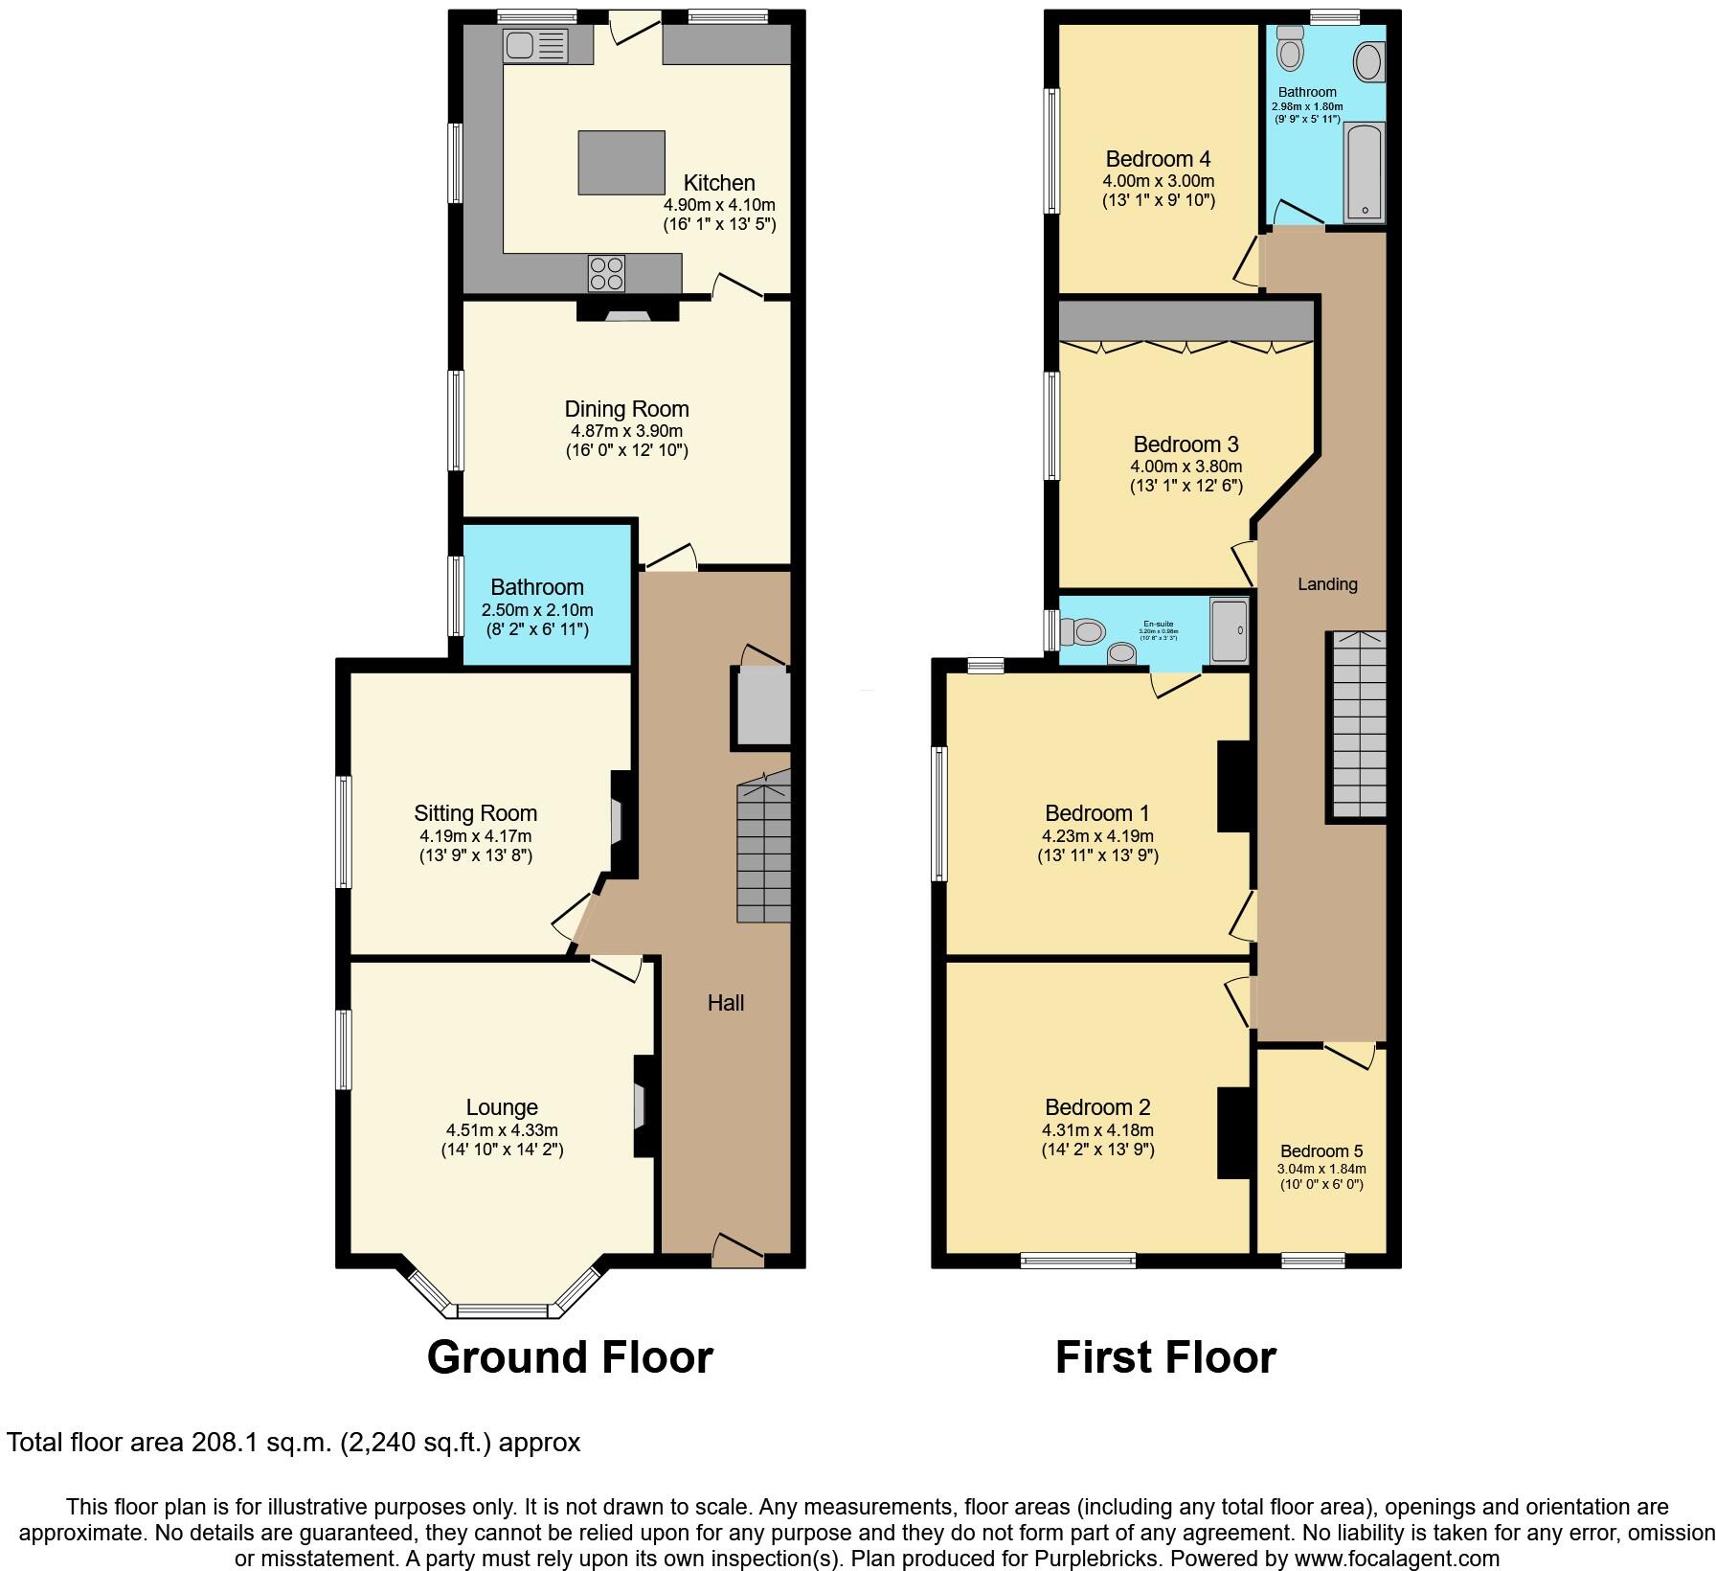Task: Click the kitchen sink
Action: pyautogui.click(x=535, y=44)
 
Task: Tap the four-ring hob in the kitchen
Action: pyautogui.click(x=606, y=273)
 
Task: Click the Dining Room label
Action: pyautogui.click(x=626, y=409)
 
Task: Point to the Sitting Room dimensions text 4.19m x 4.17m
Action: pyautogui.click(x=475, y=835)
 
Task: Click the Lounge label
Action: pyautogui.click(x=502, y=1107)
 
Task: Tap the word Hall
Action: pyautogui.click(x=726, y=1003)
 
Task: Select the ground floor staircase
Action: pyautogui.click(x=763, y=853)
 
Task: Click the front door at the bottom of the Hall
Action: pyautogui.click(x=738, y=1251)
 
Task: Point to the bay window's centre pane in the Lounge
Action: pyautogui.click(x=502, y=1309)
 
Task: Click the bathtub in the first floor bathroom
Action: pyautogui.click(x=1364, y=172)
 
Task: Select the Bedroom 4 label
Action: pyautogui.click(x=1158, y=159)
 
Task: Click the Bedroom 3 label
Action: pyautogui.click(x=1185, y=444)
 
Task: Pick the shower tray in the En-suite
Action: pyautogui.click(x=1230, y=631)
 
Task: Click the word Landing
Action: pyautogui.click(x=1327, y=583)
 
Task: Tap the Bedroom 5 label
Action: pyautogui.click(x=1321, y=1151)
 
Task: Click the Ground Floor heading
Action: pyautogui.click(x=570, y=1357)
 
